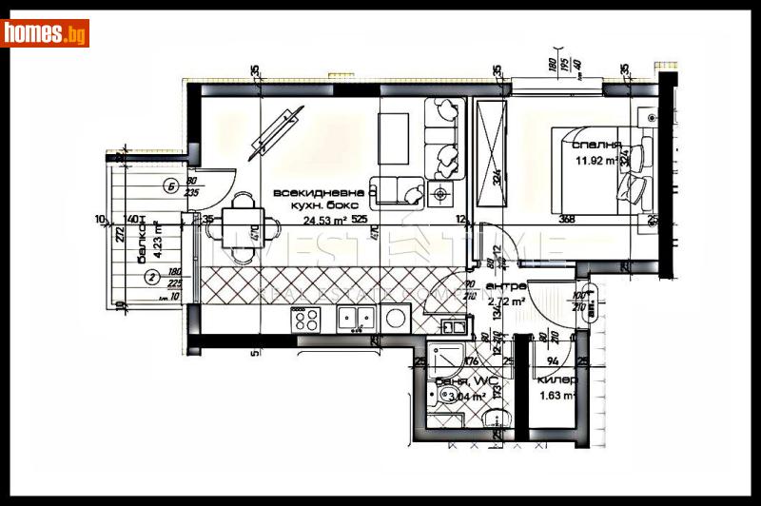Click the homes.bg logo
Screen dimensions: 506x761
click(45, 33)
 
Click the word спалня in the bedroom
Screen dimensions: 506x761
click(596, 146)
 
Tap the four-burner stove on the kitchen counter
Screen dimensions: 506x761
click(306, 320)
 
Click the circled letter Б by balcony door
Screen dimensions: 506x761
click(170, 185)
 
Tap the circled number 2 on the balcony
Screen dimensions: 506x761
click(152, 278)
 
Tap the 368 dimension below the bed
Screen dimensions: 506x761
click(568, 220)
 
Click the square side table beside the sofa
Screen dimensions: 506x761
click(439, 194)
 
